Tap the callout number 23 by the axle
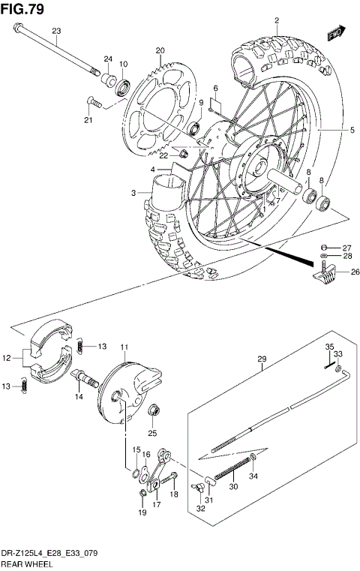click(x=56, y=30)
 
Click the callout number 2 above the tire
click(x=276, y=20)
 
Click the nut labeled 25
click(x=153, y=411)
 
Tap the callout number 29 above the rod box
click(x=262, y=359)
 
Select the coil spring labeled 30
click(x=230, y=473)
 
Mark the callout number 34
click(x=253, y=476)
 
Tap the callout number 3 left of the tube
click(x=133, y=193)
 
